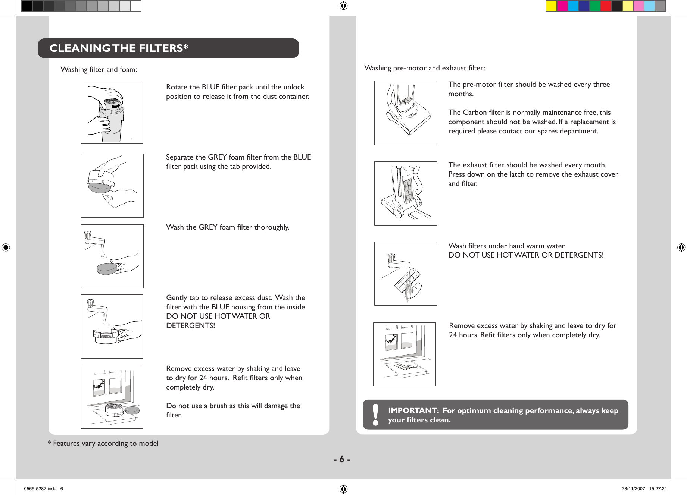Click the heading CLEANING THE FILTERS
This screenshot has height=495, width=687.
[x=119, y=48]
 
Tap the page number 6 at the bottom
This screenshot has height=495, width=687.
[x=342, y=459]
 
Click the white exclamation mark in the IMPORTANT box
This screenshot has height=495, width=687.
[x=375, y=414]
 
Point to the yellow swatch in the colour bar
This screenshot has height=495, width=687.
[x=551, y=6]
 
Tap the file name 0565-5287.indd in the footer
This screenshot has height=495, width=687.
[x=40, y=488]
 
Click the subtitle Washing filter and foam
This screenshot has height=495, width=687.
[x=99, y=70]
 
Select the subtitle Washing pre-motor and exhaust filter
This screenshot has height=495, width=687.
[x=425, y=68]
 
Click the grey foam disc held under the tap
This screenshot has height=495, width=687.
[x=107, y=268]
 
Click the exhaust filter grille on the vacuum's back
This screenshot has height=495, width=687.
[x=407, y=189]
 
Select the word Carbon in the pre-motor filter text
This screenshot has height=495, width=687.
[x=475, y=112]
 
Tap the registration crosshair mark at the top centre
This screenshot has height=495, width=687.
[x=343, y=6]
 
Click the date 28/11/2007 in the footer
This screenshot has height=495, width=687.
[x=633, y=488]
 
